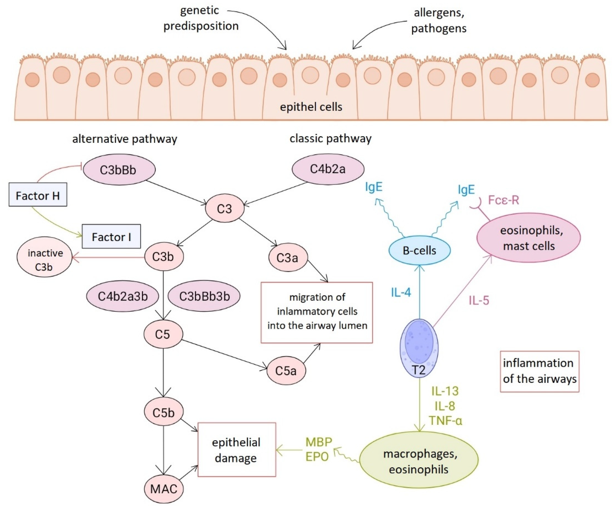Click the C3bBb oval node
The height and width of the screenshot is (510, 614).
coord(119,170)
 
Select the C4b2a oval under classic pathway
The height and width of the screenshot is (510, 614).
coord(328,169)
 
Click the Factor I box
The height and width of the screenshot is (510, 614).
coord(111,236)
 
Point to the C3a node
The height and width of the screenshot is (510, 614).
coord(288,258)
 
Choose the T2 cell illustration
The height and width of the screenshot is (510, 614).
coord(419,348)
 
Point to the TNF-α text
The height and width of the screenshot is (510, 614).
coord(445,421)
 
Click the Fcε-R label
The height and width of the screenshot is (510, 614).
coord(503,200)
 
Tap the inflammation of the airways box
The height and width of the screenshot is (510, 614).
coord(540,371)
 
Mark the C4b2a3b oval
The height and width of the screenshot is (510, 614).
coord(122,296)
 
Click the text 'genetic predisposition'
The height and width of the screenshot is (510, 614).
coord(201,18)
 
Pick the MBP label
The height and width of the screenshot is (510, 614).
coord(319,442)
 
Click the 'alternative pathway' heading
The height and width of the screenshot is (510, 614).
coord(125,139)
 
